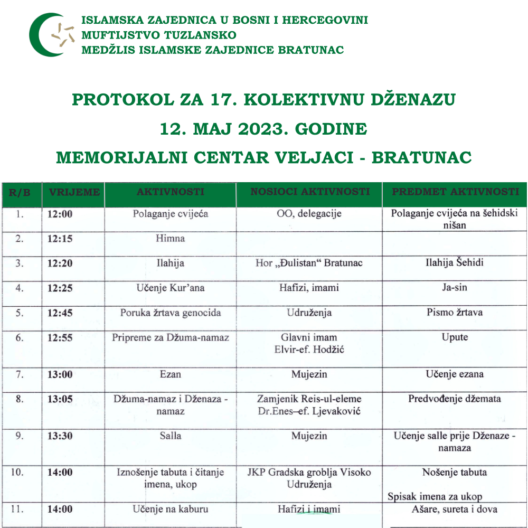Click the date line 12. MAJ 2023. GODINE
[263, 129]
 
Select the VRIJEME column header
[74, 192]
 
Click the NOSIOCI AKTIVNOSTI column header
[309, 192]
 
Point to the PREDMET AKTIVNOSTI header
[455, 192]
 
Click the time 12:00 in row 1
[60, 214]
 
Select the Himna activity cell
[170, 239]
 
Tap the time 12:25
[60, 288]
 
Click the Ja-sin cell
[455, 288]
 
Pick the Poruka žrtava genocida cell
[170, 313]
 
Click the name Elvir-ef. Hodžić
[309, 349]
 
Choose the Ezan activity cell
[170, 374]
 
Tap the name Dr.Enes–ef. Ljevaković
[309, 411]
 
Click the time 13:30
[60, 436]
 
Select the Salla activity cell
[170, 436]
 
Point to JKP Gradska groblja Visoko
[309, 473]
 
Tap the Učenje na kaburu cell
[170, 510]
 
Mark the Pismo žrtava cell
[455, 313]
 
